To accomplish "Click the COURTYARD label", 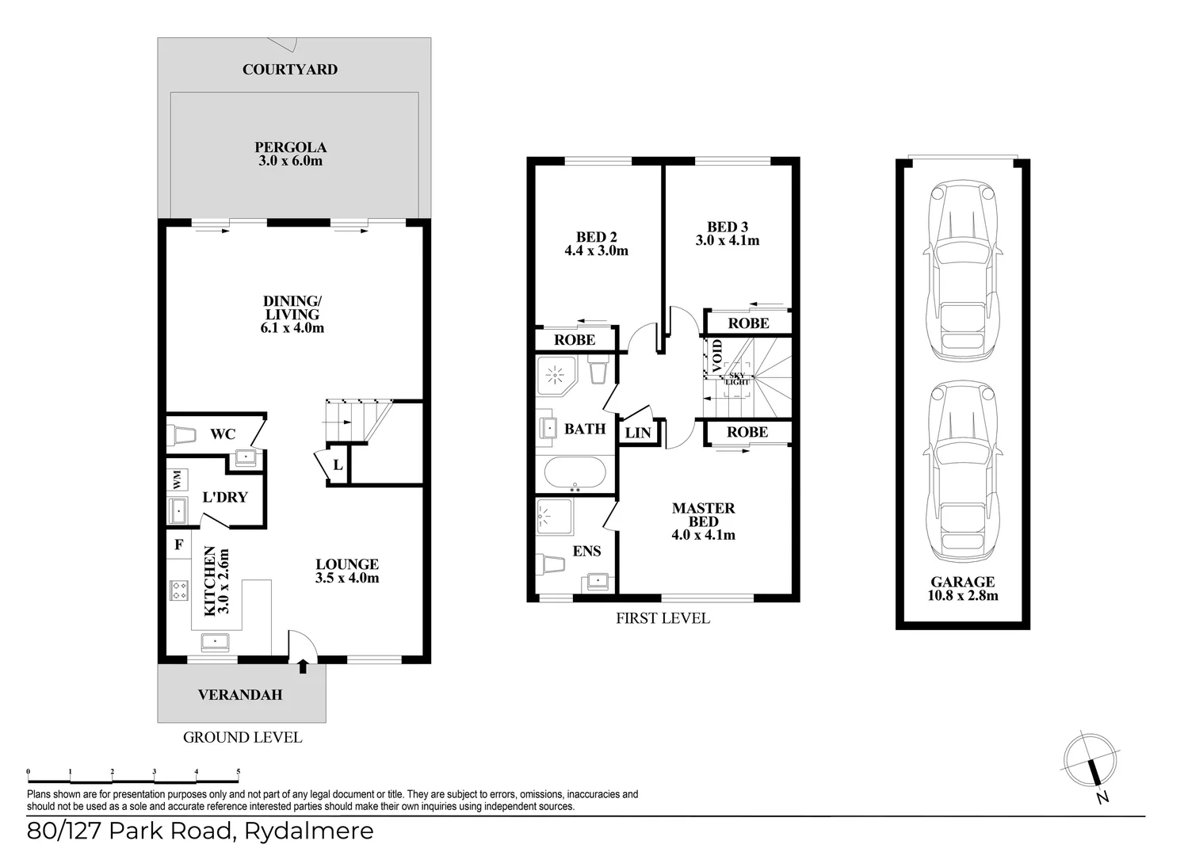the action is [289, 70].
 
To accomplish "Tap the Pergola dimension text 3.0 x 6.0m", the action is [291, 161].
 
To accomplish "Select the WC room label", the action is [223, 434].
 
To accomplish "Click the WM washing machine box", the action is [178, 480].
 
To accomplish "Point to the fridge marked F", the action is [179, 545].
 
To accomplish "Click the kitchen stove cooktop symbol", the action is [178, 590].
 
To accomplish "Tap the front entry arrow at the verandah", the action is [303, 666].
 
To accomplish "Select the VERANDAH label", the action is [240, 695].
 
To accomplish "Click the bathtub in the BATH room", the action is [575, 473].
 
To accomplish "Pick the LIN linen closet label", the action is [637, 434].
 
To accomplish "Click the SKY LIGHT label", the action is [737, 379].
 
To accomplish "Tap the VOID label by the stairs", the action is [717, 356].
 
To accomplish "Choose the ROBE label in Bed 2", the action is [575, 340].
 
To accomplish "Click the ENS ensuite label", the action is [586, 551].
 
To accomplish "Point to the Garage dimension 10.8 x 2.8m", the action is [963, 595].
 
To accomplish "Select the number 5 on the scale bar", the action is [239, 772].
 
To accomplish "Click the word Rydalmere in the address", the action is [308, 831].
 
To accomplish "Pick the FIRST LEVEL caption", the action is [663, 618].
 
